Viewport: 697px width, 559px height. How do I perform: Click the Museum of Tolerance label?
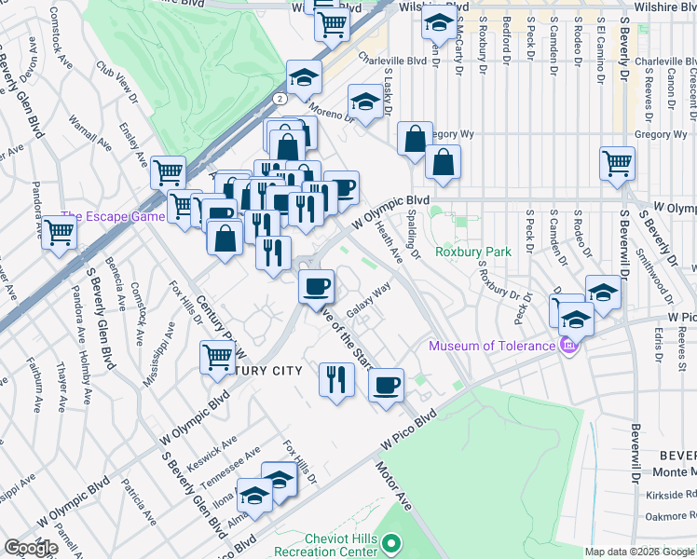(x=491, y=347)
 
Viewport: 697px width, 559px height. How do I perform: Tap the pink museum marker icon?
(x=567, y=348)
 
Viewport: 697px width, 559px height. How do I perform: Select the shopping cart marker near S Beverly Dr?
(x=617, y=162)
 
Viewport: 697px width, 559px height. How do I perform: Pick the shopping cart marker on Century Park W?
(x=217, y=357)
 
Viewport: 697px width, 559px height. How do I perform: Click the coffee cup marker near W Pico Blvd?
(x=386, y=383)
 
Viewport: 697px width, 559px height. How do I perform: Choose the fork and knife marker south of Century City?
(x=335, y=378)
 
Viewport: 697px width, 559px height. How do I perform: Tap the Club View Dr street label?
(x=119, y=85)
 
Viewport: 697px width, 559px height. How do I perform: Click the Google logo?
(x=31, y=548)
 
